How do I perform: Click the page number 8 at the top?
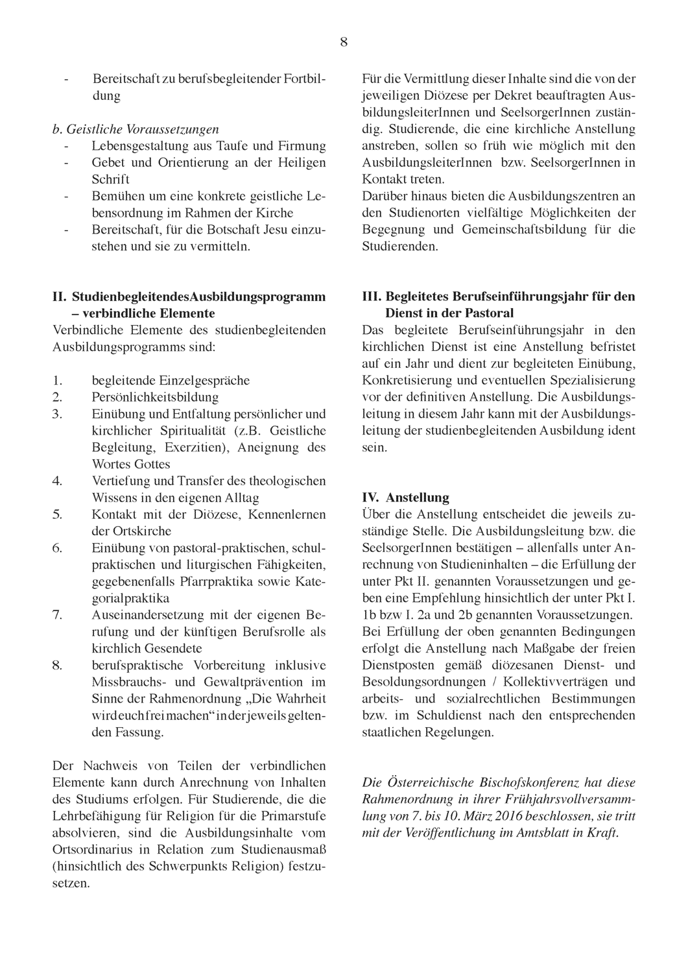click(x=344, y=43)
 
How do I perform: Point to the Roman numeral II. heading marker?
click(x=60, y=296)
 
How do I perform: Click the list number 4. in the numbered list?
click(x=57, y=481)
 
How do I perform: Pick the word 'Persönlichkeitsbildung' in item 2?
click(x=155, y=397)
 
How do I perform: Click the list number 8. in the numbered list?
click(x=57, y=666)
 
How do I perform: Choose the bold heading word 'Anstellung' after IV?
click(x=417, y=498)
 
